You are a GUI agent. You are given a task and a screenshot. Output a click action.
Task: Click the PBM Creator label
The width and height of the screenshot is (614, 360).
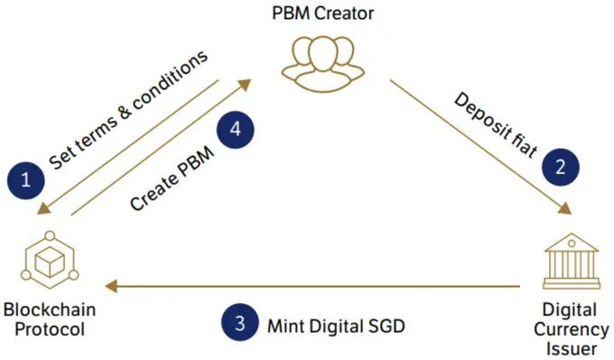click(x=322, y=14)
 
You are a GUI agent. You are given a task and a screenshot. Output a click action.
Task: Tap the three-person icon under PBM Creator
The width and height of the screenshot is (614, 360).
click(x=323, y=64)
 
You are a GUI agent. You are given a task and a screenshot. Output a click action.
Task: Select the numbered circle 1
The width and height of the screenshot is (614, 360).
click(x=26, y=180)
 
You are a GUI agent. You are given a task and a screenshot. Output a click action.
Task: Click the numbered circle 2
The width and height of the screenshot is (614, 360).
click(x=561, y=167)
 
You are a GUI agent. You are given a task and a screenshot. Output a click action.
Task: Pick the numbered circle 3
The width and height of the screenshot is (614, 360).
click(x=239, y=323)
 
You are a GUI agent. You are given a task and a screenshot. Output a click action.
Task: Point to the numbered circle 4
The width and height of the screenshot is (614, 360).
click(x=236, y=130)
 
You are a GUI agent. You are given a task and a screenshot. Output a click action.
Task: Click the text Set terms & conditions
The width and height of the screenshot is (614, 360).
click(x=128, y=110)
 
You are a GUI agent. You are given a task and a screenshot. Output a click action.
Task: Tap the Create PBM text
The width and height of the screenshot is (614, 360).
click(x=172, y=179)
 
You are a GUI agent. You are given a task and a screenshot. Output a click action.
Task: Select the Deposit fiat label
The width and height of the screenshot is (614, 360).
click(x=496, y=125)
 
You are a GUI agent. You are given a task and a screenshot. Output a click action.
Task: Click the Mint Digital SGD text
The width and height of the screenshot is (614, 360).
click(x=336, y=326)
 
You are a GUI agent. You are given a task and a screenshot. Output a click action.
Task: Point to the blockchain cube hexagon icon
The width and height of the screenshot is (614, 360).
click(x=50, y=260)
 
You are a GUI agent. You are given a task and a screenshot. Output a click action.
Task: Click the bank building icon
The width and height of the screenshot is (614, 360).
click(x=572, y=261)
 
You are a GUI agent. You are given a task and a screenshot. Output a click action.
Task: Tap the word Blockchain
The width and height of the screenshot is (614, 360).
click(x=50, y=309)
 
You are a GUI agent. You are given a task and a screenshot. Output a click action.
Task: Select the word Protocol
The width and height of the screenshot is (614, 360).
click(x=50, y=329)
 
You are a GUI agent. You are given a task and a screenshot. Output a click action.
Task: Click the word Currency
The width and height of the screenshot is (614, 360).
click(x=572, y=330)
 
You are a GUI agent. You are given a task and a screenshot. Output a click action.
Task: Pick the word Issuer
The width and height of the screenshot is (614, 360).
click(x=572, y=348)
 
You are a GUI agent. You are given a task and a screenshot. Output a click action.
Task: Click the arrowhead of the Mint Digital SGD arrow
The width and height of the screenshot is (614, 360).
click(x=111, y=286)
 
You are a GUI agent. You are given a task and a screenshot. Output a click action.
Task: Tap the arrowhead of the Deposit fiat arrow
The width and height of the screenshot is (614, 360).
click(x=564, y=208)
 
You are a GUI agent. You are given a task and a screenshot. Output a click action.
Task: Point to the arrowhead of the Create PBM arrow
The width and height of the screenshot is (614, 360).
click(x=245, y=85)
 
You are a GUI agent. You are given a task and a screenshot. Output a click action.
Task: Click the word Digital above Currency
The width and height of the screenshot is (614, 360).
click(x=570, y=310)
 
